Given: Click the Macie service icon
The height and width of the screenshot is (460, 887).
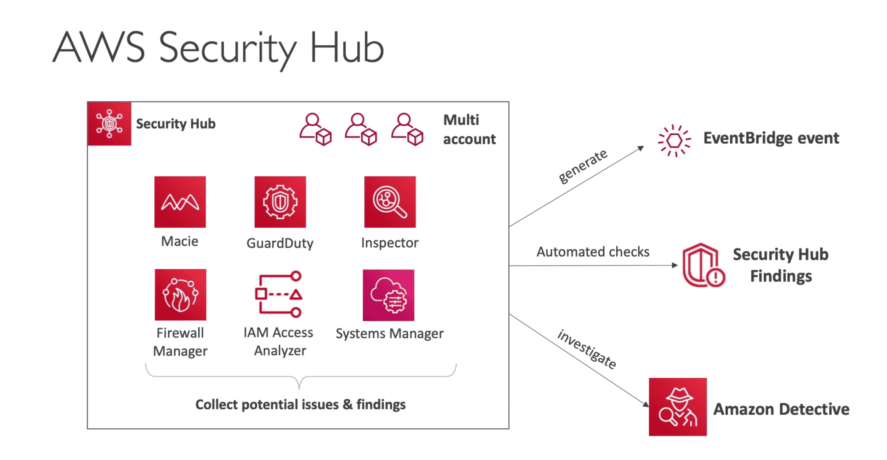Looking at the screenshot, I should [x=180, y=202].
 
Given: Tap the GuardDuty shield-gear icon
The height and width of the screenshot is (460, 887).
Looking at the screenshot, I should [x=280, y=202].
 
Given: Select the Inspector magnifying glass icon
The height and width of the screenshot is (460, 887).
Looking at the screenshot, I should [x=390, y=202].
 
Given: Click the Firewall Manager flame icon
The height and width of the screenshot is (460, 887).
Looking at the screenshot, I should [x=180, y=295].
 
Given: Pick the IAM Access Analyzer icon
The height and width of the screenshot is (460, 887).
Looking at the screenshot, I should [x=279, y=294].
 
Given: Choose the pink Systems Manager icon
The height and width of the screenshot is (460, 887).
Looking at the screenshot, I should [x=388, y=295].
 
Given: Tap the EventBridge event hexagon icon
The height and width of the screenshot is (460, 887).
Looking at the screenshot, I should [x=674, y=141].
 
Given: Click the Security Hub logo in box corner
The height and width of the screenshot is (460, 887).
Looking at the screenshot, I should [x=110, y=124].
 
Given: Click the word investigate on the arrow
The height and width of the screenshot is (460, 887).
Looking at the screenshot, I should [x=587, y=349].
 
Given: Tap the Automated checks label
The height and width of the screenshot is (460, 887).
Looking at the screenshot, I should [x=593, y=252].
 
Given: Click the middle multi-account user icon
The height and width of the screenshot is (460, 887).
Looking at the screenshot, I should [x=360, y=129].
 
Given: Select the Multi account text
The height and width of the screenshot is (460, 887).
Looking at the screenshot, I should [x=469, y=129].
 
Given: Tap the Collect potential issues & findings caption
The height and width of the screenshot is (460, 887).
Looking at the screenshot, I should [x=300, y=405].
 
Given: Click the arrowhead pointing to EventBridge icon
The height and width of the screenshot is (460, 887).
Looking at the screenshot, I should [x=641, y=148].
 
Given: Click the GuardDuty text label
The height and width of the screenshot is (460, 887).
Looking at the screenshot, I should [x=280, y=243].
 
